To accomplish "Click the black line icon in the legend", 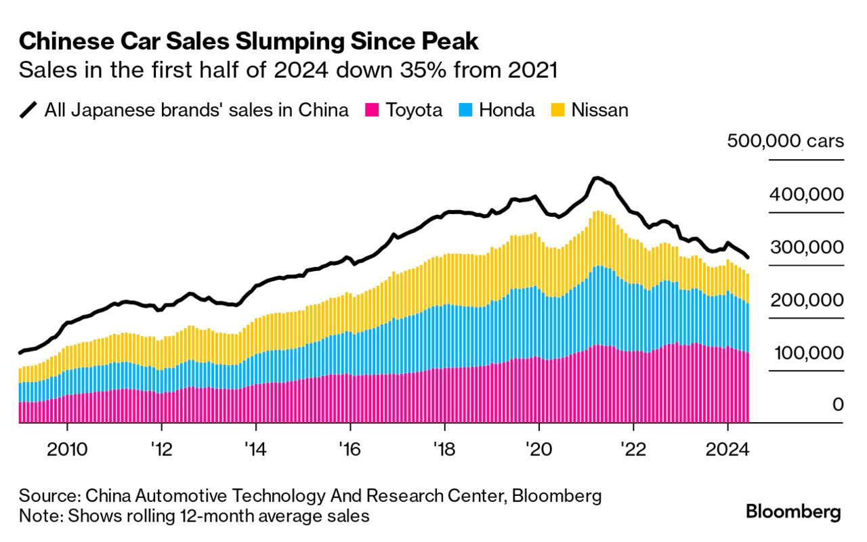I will (28, 110).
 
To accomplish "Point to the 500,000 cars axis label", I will (785, 142).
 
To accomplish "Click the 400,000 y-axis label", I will (806, 195).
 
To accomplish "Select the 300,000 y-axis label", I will (806, 248).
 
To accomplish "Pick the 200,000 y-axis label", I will (806, 301).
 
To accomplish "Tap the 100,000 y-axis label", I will (806, 354).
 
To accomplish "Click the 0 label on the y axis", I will (838, 405).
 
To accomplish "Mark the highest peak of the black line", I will (595, 178).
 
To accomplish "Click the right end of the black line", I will (748, 257).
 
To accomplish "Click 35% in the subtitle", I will (419, 70).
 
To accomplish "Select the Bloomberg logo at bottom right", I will (793, 512).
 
